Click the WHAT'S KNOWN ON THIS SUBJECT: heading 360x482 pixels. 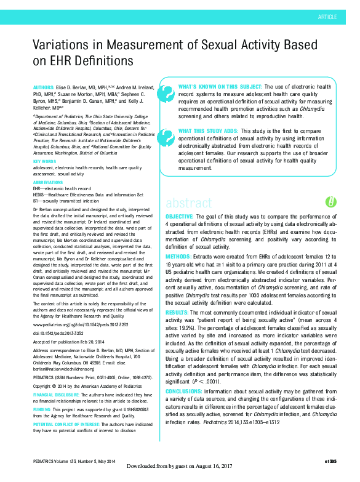point(210,87)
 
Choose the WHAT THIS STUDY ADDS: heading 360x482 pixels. point(208,131)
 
